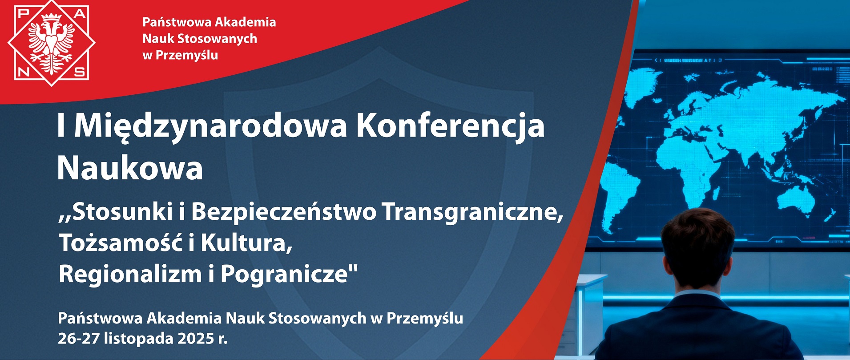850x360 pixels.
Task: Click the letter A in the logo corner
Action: pos(80,14)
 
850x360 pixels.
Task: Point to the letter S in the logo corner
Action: pos(80,72)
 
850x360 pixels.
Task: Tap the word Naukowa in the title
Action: pos(130,168)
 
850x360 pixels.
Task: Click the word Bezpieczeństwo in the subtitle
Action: pos(284,211)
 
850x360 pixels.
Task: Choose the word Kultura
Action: pos(246,243)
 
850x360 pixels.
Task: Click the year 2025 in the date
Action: pos(196,339)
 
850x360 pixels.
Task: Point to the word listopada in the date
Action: pos(139,339)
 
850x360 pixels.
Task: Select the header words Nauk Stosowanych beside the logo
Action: pos(200,39)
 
